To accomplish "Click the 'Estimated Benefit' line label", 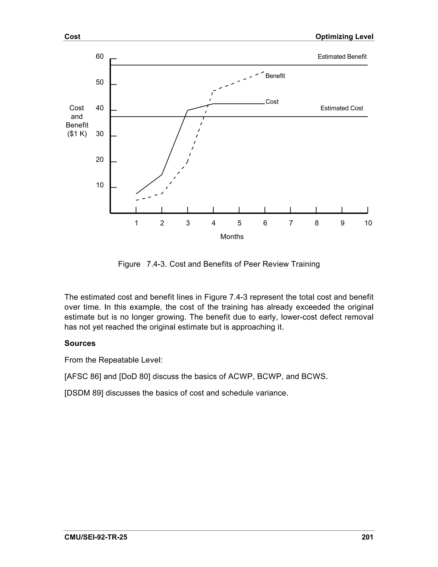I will (342, 57).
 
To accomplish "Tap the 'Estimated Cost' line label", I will (342, 108).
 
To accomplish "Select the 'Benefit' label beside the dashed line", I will (275, 76).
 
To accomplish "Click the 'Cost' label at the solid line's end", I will (272, 101).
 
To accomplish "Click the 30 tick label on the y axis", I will (100, 134).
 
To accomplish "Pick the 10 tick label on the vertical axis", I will (100, 185).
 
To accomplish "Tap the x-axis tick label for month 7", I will (291, 223).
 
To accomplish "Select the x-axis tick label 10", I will (368, 223).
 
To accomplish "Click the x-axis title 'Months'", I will (232, 236).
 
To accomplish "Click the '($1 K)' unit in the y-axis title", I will (77, 134).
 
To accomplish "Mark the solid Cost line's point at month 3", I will (188, 110).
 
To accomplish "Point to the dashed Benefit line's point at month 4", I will (213, 91).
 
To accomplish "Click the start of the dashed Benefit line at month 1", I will (136, 200).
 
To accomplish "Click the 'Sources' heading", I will (80, 343).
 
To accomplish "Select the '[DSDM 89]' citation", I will (84, 393).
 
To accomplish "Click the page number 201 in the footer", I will (367, 537).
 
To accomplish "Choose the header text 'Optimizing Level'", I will (344, 37).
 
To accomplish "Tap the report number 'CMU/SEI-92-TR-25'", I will (96, 537).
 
